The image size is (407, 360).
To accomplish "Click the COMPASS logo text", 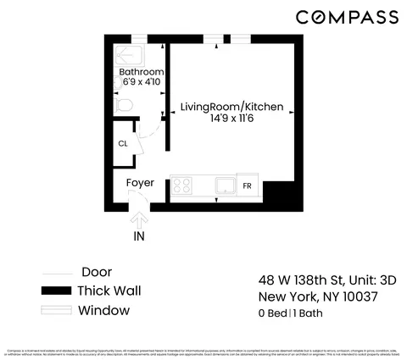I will click(347, 17).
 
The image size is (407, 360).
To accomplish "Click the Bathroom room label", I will click(141, 72).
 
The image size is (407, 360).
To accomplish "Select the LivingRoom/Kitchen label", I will click(231, 108).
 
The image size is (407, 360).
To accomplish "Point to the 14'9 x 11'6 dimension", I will click(231, 120).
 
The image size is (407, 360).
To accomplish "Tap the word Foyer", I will click(140, 182).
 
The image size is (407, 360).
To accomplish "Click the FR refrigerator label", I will click(248, 186).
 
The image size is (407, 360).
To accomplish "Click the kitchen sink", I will click(225, 186).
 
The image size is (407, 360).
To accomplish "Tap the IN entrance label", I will click(138, 236).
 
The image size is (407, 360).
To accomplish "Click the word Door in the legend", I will click(98, 272).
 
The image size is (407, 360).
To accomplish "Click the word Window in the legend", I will click(103, 310).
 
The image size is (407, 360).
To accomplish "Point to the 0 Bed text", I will click(271, 313).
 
